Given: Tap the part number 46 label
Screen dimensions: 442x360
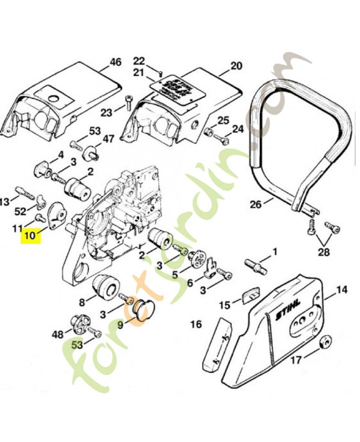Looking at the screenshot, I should [115, 62].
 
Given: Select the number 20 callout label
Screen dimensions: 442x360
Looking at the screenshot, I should [236, 66].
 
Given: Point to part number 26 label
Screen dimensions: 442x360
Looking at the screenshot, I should [255, 204].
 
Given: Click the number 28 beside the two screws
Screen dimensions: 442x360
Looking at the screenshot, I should [324, 252].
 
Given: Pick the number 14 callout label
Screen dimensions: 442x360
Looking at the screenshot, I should [342, 288].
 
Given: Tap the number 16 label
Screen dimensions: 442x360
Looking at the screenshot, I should [195, 324].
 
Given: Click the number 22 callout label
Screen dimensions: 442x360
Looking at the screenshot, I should [139, 60].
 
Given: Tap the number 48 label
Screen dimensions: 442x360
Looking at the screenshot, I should [58, 334].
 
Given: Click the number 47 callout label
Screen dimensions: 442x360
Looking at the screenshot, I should [108, 139].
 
